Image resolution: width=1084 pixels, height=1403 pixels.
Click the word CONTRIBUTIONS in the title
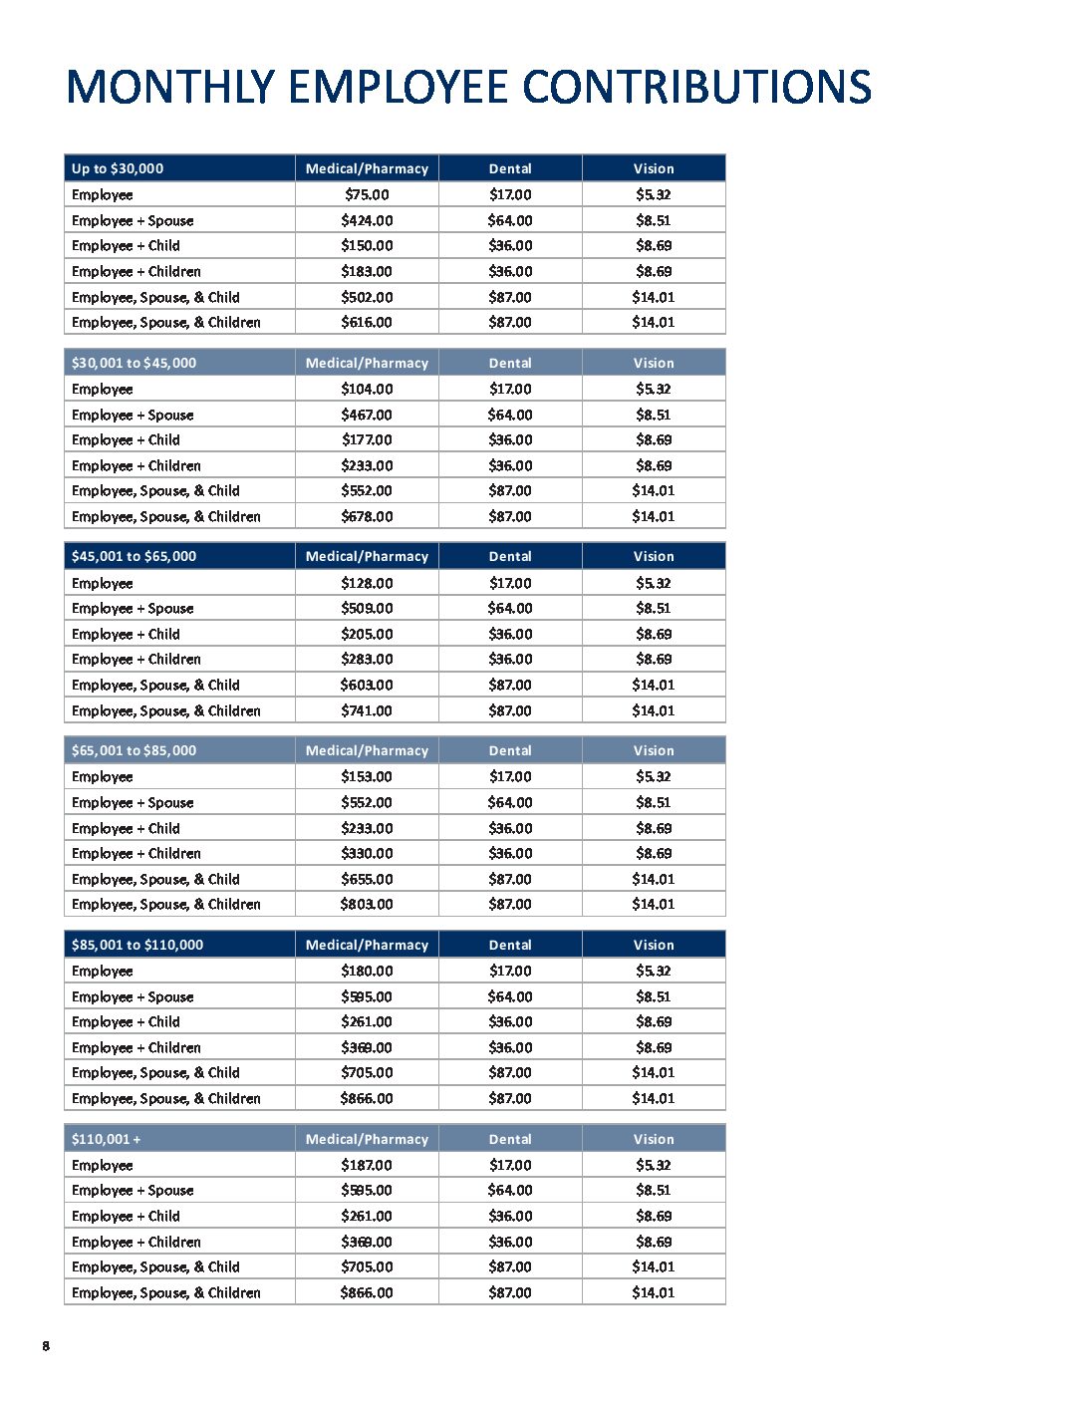(x=696, y=88)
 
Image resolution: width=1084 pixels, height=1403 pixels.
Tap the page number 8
(x=46, y=1346)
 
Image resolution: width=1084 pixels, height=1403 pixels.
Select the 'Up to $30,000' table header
(x=118, y=168)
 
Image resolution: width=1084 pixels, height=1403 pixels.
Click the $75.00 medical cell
(x=367, y=195)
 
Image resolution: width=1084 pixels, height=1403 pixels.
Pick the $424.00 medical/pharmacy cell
(x=367, y=221)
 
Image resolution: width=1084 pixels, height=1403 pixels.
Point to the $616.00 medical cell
(x=367, y=323)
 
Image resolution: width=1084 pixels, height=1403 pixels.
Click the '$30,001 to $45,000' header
(x=134, y=363)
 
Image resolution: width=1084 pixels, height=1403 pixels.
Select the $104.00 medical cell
(x=367, y=390)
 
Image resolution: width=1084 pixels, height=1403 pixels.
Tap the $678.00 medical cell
(x=367, y=517)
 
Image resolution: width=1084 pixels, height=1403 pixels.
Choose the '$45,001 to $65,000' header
(x=134, y=556)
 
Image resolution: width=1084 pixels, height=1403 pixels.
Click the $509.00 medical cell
(x=367, y=609)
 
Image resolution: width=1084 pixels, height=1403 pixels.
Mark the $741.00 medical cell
(x=367, y=711)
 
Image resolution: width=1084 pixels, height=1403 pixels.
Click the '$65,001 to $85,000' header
(x=134, y=750)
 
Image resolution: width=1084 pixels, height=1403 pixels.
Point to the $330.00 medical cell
(x=367, y=854)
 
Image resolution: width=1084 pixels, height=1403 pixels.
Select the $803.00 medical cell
(x=367, y=905)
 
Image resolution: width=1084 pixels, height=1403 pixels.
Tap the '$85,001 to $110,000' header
(x=137, y=945)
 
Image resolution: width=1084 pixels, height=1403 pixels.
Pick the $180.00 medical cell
(x=367, y=972)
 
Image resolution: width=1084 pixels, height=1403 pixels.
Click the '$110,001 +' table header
(x=107, y=1139)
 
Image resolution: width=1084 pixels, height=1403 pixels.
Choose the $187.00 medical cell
(x=367, y=1166)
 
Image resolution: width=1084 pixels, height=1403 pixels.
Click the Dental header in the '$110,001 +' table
(x=510, y=1139)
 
